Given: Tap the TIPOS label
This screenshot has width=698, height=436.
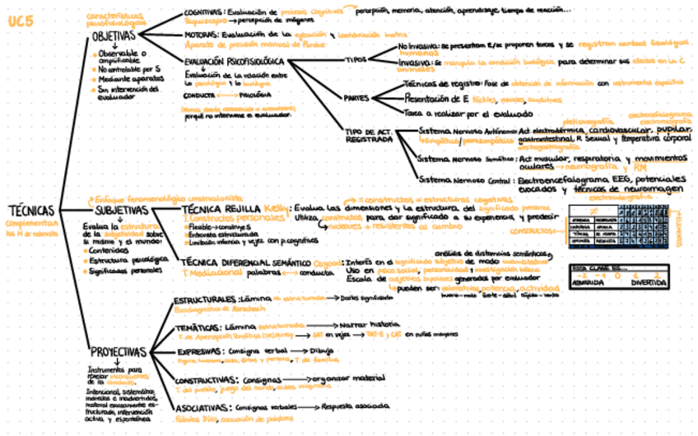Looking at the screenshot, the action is [356, 60].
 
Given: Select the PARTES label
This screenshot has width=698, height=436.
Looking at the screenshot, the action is [356, 98].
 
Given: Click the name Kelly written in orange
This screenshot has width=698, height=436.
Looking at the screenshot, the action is [277, 208].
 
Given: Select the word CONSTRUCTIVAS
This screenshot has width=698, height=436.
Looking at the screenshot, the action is [205, 379].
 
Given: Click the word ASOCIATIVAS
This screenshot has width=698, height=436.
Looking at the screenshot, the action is [200, 407].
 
